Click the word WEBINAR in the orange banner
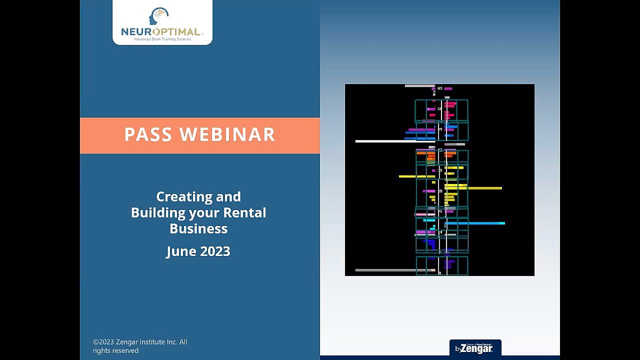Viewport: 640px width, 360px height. point(227,134)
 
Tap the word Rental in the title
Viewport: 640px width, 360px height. point(244,212)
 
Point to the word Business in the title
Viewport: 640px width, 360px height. point(198,228)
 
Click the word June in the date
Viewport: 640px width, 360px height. point(182,251)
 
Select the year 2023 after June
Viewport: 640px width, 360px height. point(216,251)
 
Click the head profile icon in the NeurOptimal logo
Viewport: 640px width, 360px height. point(158,16)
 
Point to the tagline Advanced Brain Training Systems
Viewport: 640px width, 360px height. point(162,39)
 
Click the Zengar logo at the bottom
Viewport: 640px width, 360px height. point(475,348)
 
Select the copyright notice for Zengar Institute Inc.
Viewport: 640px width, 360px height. point(140,346)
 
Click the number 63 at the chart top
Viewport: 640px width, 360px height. point(439,88)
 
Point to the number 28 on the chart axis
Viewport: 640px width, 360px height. point(440,191)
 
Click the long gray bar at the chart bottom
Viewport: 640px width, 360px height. point(392,270)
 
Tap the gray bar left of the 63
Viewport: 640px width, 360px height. point(419,86)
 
